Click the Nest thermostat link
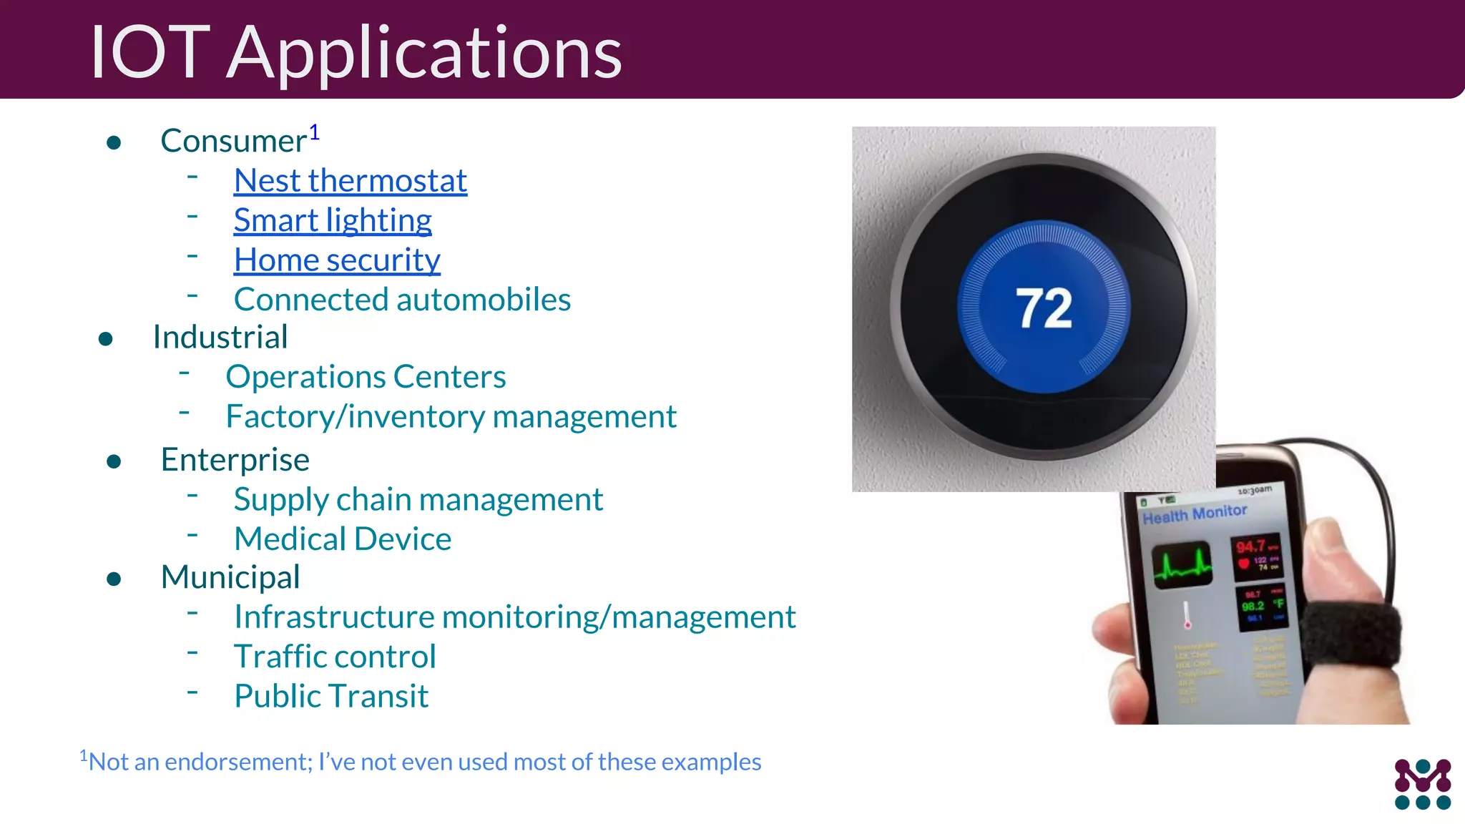350,181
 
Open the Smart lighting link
333,220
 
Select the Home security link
337,260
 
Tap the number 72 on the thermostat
1044,308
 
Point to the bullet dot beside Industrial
106,339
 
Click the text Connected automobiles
402,300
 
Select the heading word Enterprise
235,460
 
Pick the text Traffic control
335,657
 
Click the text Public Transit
331,696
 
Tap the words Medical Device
343,539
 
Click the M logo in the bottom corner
1422,784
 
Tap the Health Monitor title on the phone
1195,514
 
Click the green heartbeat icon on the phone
1182,565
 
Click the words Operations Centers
366,377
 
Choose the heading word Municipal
230,577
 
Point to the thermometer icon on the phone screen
1187,614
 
